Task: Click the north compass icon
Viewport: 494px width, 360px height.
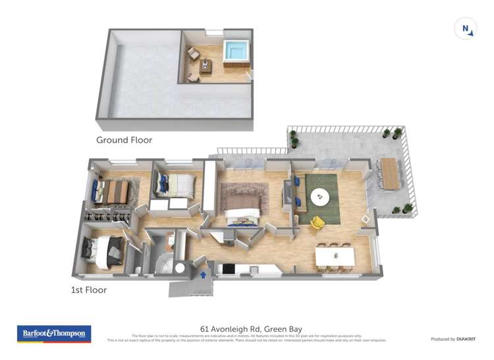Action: click(465, 29)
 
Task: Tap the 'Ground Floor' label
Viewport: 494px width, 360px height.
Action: click(124, 140)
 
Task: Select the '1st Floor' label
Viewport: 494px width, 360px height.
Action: click(88, 290)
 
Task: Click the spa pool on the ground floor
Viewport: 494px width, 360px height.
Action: click(234, 51)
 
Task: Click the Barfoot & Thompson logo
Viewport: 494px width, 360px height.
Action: click(54, 334)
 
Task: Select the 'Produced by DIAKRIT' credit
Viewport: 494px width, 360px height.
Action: click(453, 339)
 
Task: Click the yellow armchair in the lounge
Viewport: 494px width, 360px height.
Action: click(317, 223)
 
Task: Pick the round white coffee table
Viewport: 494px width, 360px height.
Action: click(321, 195)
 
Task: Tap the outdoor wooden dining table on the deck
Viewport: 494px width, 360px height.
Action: click(391, 172)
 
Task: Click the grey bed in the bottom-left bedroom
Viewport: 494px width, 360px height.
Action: click(106, 251)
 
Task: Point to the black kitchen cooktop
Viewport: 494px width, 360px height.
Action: click(229, 268)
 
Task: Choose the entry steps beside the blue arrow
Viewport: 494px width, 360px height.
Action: click(181, 288)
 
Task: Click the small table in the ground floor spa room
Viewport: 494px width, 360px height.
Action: click(206, 65)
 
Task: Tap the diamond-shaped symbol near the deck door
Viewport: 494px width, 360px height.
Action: click(366, 219)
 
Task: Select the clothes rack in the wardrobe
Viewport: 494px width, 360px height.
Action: click(107, 215)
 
